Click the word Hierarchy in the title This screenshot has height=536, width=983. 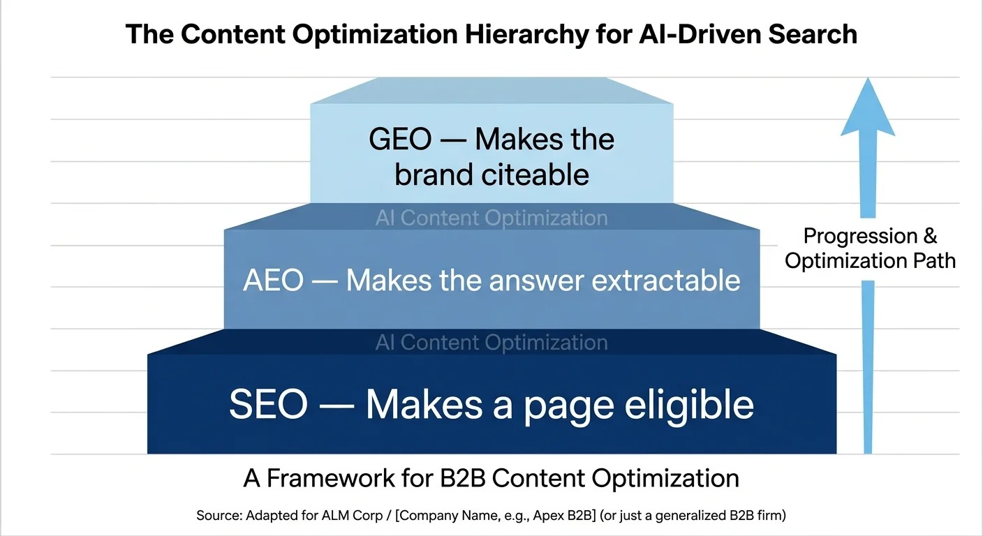(526, 35)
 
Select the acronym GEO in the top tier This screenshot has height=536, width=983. (400, 140)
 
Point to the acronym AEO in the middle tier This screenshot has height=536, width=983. (274, 281)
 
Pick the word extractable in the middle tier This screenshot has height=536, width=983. (666, 281)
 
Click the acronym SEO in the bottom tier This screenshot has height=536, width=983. (269, 404)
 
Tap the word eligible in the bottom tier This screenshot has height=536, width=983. (689, 405)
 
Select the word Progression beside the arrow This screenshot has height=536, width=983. (861, 236)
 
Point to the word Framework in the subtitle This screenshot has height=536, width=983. (331, 478)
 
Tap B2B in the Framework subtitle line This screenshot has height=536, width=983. (463, 478)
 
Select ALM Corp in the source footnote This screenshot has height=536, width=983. (352, 515)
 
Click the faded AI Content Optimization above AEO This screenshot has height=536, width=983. (491, 218)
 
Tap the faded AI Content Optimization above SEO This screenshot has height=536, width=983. (491, 343)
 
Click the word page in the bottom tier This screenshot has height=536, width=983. (569, 408)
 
